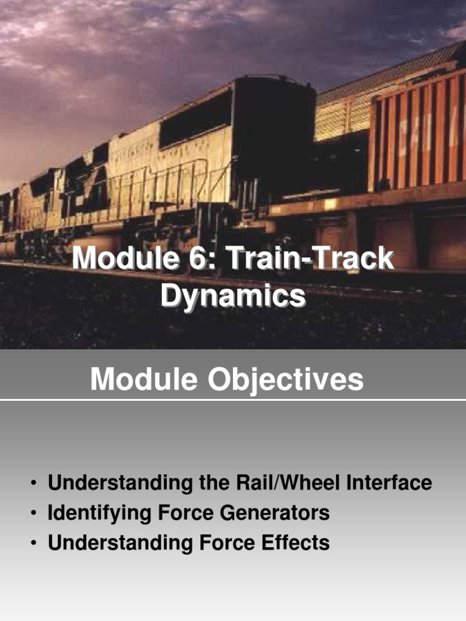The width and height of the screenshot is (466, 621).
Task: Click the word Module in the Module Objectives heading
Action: pos(144,380)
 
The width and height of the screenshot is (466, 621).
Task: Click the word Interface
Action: pos(389,483)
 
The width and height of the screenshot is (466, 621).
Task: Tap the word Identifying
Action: pos(100,513)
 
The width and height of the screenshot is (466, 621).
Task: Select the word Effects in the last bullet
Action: pos(295,543)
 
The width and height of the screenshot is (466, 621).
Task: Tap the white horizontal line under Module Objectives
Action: pos(233,400)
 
